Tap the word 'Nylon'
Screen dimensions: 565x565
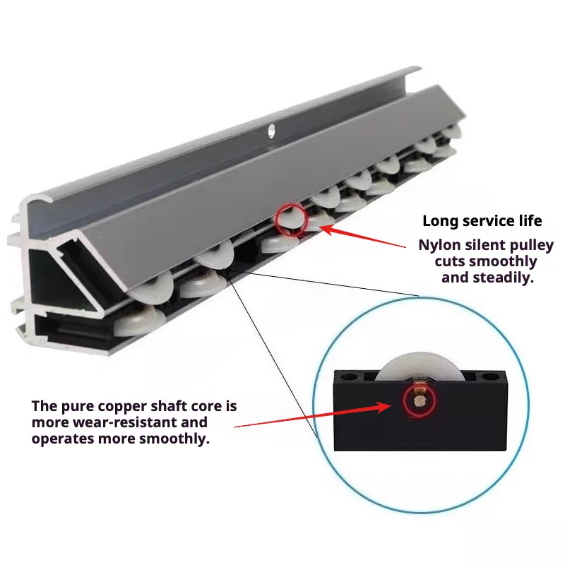tap(439, 245)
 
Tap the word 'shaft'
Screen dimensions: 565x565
tap(169, 406)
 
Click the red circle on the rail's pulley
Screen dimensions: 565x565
tap(291, 220)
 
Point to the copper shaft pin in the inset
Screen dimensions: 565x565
tap(419, 400)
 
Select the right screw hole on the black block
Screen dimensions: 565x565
tap(490, 378)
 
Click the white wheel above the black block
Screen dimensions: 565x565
tap(418, 367)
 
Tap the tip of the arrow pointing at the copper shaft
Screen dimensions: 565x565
tap(391, 405)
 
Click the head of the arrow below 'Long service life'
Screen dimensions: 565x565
tap(321, 227)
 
